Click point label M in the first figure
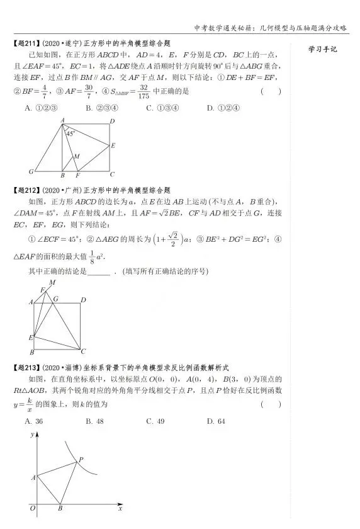click(77, 156)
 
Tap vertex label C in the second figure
click(84, 351)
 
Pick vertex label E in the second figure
click(31, 338)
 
